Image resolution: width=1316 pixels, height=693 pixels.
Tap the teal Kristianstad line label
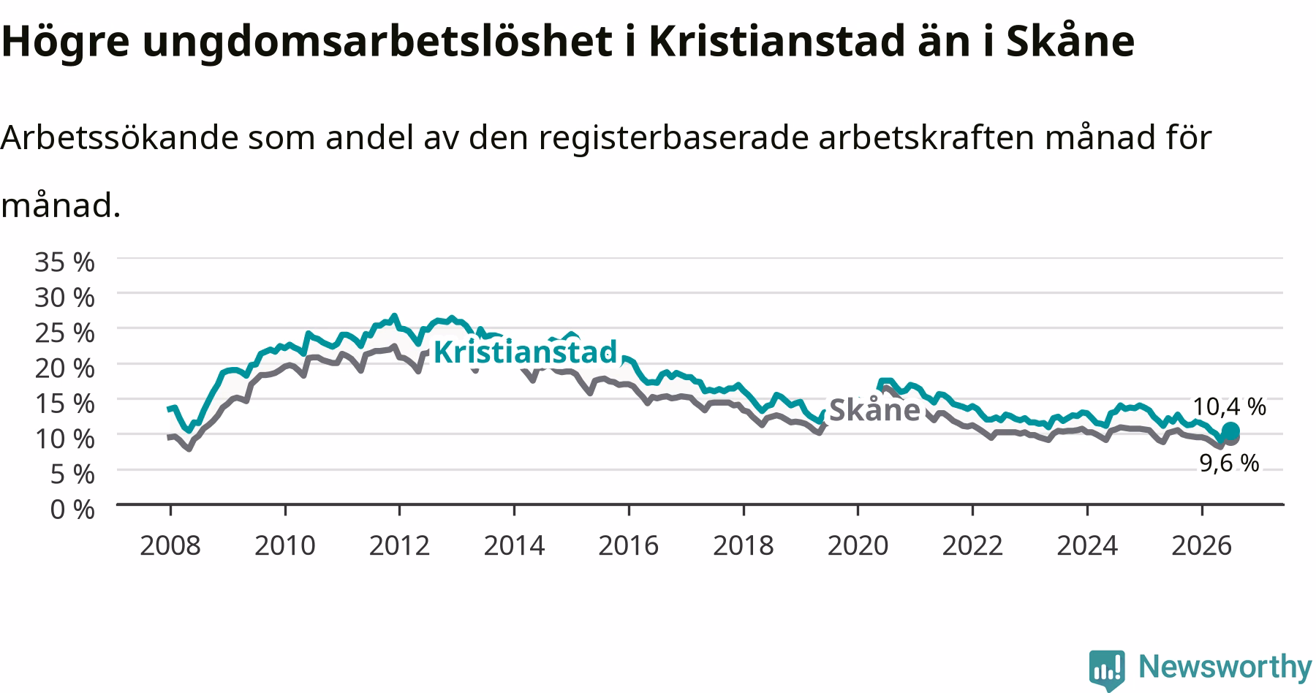(526, 352)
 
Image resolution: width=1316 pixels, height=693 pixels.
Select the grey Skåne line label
(874, 409)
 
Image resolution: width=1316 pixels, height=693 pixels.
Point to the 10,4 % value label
(1230, 406)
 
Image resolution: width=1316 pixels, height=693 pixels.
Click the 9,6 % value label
(1230, 463)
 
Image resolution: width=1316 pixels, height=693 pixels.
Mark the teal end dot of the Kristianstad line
(1230, 431)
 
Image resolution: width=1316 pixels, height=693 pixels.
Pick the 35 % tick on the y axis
(64, 262)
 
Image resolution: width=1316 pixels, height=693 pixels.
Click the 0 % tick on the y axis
(72, 509)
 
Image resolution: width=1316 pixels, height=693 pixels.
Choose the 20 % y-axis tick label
(64, 368)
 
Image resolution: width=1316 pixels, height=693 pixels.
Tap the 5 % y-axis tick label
(72, 474)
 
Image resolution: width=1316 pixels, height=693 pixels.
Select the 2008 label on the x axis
(170, 545)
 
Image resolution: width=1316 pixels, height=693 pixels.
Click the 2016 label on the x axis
(629, 545)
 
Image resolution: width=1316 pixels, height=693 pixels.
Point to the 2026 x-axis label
(1202, 545)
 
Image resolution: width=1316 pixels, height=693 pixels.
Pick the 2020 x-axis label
(858, 545)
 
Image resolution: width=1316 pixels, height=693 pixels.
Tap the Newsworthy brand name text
(1225, 667)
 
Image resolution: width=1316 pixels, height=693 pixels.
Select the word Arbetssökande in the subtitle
(120, 137)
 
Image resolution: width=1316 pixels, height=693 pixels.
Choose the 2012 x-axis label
(399, 545)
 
